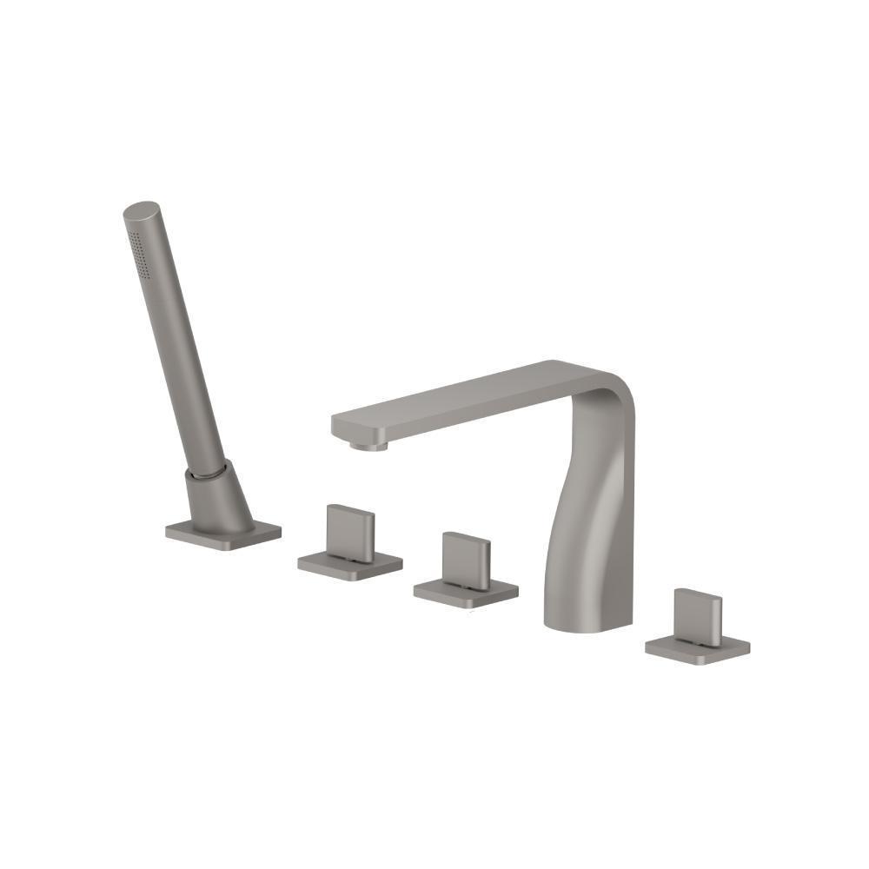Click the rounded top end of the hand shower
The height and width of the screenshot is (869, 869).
(143, 211)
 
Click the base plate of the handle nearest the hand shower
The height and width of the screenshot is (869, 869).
(350, 564)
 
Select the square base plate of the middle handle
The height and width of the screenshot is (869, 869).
(466, 593)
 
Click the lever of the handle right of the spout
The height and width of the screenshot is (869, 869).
(698, 616)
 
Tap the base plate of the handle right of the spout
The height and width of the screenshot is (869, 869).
(698, 647)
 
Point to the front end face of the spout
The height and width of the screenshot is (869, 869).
(342, 428)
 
